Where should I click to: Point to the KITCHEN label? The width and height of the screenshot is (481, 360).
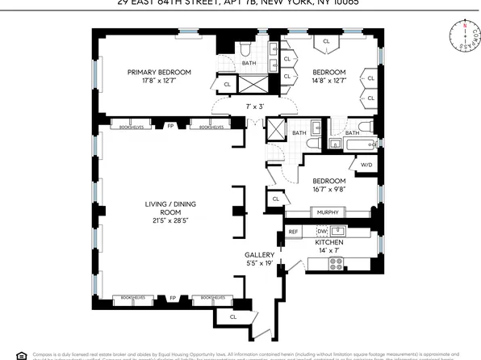[x=329, y=242]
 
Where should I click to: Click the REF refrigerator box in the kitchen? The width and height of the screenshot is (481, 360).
[x=294, y=232]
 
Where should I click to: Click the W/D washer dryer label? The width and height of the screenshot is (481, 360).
[x=366, y=165]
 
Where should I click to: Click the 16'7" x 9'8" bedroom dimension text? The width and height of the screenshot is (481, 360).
[x=328, y=190]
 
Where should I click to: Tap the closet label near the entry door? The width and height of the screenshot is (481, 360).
[x=232, y=316]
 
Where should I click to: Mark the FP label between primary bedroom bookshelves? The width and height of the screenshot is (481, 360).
[x=170, y=127]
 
